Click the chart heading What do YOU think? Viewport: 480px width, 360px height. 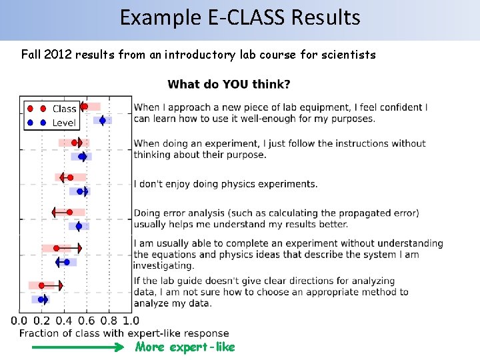[x=229, y=84]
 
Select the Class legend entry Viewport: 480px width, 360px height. [x=64, y=109]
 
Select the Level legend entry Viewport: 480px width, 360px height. [x=64, y=123]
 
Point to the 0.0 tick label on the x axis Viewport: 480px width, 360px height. [x=19, y=321]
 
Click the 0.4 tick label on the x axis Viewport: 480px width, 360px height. [x=65, y=321]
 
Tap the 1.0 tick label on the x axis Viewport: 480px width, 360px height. [x=131, y=321]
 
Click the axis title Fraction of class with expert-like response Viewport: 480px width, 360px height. [x=124, y=333]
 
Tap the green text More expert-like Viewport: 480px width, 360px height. [x=185, y=347]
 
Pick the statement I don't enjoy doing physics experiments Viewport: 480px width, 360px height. [x=225, y=184]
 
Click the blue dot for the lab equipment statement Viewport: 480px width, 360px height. [x=102, y=121]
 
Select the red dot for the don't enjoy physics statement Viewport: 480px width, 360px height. [x=70, y=177]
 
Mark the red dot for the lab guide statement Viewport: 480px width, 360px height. [x=42, y=285]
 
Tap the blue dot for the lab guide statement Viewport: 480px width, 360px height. [x=41, y=299]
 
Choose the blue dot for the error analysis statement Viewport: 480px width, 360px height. [x=79, y=227]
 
